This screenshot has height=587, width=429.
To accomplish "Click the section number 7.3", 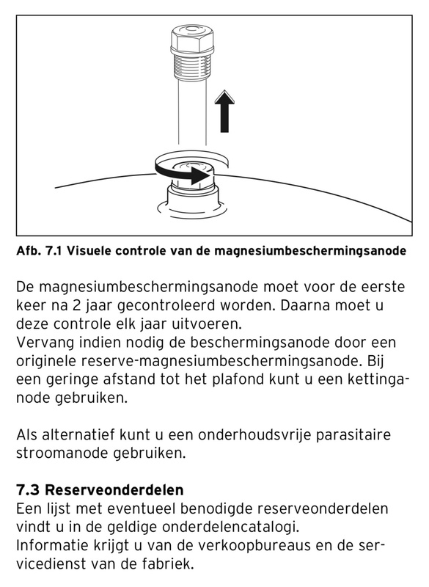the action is (27, 489).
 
